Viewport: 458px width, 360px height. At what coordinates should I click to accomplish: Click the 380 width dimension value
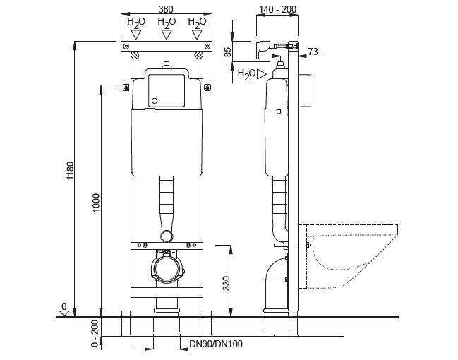pyautogui.click(x=166, y=9)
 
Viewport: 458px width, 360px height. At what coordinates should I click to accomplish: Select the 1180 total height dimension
pyautogui.click(x=71, y=171)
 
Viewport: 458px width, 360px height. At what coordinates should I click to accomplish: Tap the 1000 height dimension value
pyautogui.click(x=96, y=203)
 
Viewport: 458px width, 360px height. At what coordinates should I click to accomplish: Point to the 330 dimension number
pyautogui.click(x=227, y=283)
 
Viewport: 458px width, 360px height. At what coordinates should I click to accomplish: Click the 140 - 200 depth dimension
pyautogui.click(x=277, y=9)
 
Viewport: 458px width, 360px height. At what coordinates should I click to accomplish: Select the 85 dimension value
pyautogui.click(x=228, y=52)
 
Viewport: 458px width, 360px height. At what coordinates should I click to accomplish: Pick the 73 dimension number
pyautogui.click(x=313, y=52)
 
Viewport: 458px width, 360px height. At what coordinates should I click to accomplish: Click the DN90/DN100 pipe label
pyautogui.click(x=216, y=344)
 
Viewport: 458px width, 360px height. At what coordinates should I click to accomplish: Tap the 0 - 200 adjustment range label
pyautogui.click(x=95, y=333)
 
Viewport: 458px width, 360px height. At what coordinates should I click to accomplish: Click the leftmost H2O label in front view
pyautogui.click(x=136, y=22)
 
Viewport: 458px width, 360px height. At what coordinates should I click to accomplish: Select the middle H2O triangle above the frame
pyautogui.click(x=167, y=35)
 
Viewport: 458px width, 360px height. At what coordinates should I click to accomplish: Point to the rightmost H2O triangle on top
pyautogui.click(x=197, y=35)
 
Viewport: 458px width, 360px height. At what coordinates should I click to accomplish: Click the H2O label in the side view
pyautogui.click(x=246, y=73)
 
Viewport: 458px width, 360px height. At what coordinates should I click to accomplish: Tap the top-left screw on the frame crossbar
pyautogui.click(x=126, y=46)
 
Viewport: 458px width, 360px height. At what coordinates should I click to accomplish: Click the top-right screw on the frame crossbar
pyautogui.click(x=207, y=46)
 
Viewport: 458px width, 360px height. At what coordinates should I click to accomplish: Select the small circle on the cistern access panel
pyautogui.click(x=155, y=101)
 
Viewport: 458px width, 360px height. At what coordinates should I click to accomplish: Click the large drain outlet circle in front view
pyautogui.click(x=166, y=269)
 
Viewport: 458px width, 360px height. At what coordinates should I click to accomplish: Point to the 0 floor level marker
pyautogui.click(x=64, y=310)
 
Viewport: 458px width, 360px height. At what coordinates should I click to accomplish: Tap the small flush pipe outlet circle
pyautogui.click(x=167, y=236)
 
